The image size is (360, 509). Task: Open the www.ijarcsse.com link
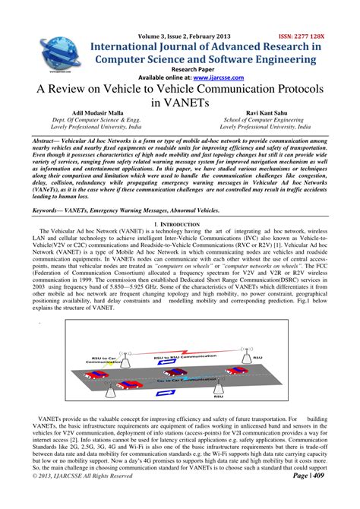coord(218,77)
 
